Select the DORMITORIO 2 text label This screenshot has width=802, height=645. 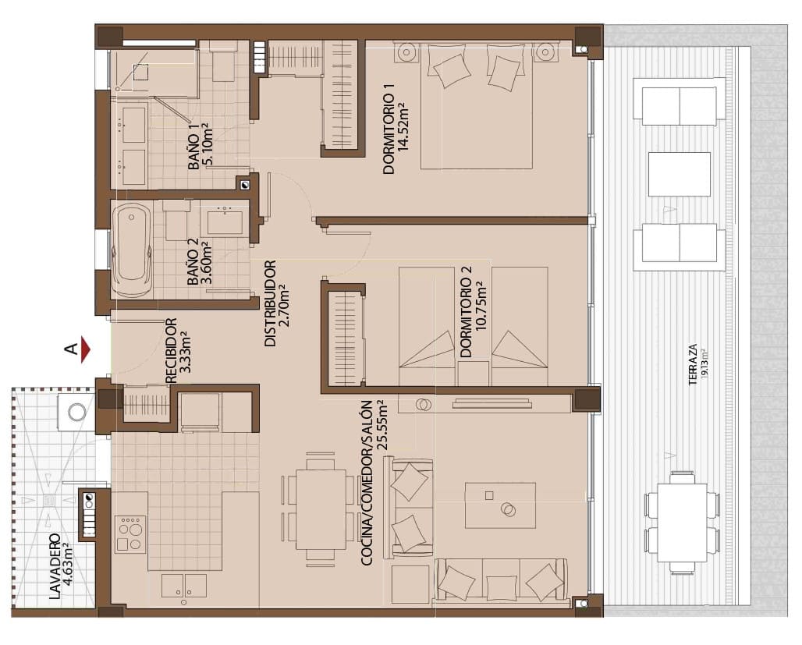(466, 312)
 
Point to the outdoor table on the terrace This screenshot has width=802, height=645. (681, 522)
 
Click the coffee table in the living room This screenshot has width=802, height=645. (500, 505)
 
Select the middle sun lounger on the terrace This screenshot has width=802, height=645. (680, 174)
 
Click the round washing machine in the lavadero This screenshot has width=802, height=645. (77, 411)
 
